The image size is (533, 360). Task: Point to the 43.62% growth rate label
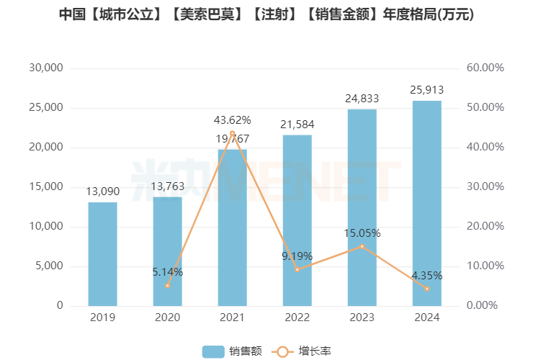click(232, 120)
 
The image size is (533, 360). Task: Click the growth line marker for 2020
click(167, 286)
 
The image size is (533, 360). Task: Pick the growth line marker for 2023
click(362, 246)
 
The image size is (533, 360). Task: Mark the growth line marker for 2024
click(426, 289)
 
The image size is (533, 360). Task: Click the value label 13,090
click(102, 192)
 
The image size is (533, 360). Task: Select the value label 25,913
click(426, 90)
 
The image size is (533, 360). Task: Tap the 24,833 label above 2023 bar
click(362, 99)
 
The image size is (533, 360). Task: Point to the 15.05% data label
click(362, 233)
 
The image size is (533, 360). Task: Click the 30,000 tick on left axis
click(46, 68)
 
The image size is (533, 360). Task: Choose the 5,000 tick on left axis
click(49, 266)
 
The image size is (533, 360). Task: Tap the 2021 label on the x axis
click(232, 318)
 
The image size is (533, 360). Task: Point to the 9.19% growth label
click(297, 256)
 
